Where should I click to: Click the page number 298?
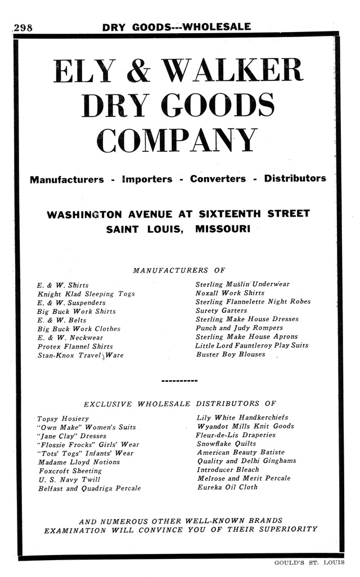click(22, 28)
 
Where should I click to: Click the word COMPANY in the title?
click(177, 141)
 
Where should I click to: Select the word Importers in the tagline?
click(147, 179)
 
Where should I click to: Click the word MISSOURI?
click(223, 229)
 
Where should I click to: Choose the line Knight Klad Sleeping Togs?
click(86, 294)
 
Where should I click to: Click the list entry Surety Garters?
click(221, 310)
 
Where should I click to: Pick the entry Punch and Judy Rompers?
click(239, 328)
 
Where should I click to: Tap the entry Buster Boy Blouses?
click(231, 355)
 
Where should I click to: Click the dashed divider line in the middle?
click(179, 381)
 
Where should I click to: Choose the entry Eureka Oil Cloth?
click(227, 487)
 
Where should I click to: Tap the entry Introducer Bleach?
click(228, 470)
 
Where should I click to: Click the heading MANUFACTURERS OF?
click(179, 271)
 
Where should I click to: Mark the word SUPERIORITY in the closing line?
click(289, 529)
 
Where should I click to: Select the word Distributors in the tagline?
click(295, 179)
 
